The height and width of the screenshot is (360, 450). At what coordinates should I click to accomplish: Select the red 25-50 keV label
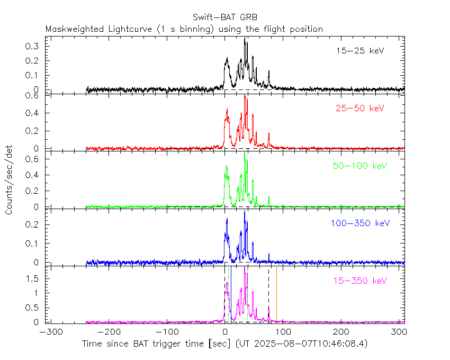(x=359, y=109)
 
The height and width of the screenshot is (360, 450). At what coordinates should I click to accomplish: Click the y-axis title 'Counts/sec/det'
(x=10, y=180)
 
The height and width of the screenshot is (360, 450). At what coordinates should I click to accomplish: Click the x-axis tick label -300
(x=49, y=332)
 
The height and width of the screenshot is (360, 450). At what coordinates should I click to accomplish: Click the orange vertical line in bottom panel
(x=276, y=294)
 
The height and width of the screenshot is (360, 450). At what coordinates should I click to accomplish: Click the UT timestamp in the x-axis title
(x=301, y=344)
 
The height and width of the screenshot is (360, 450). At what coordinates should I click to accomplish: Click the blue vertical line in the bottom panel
(x=231, y=294)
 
